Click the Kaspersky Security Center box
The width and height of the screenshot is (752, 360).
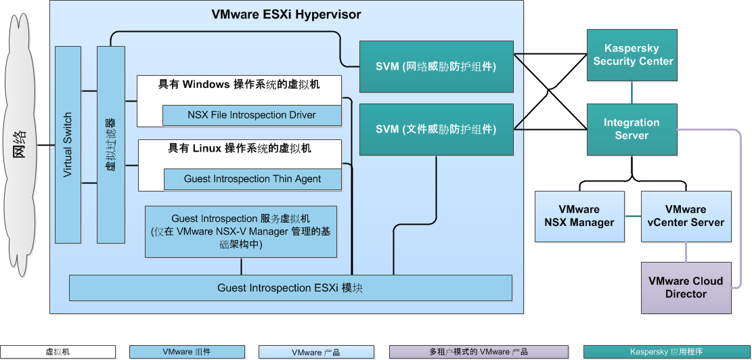pos(632,55)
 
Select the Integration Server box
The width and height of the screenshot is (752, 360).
pos(632,129)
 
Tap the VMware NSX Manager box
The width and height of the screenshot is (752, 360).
pos(579,216)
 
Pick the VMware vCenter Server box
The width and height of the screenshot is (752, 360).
pos(686,216)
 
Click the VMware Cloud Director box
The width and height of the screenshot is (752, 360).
pos(686,288)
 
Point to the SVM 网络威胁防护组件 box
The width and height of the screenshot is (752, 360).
pos(437,66)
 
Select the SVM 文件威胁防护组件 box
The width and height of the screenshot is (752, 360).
pos(437,129)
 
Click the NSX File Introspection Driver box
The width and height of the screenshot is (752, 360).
pos(252,115)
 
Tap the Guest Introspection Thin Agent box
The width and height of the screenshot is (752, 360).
pos(252,179)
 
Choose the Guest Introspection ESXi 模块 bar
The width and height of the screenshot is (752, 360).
pos(291,288)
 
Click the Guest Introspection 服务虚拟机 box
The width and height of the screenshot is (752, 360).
pos(241,231)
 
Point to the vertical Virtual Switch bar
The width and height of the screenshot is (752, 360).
pos(68,145)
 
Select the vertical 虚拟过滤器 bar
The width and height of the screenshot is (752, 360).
pos(110,145)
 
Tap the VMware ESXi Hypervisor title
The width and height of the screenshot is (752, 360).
pos(286,14)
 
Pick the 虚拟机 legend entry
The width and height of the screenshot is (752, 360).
pos(58,352)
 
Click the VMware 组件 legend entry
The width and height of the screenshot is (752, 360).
pos(187,352)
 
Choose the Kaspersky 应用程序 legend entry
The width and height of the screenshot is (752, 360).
pos(667,352)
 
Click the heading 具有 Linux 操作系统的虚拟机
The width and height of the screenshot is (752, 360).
pos(240,148)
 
